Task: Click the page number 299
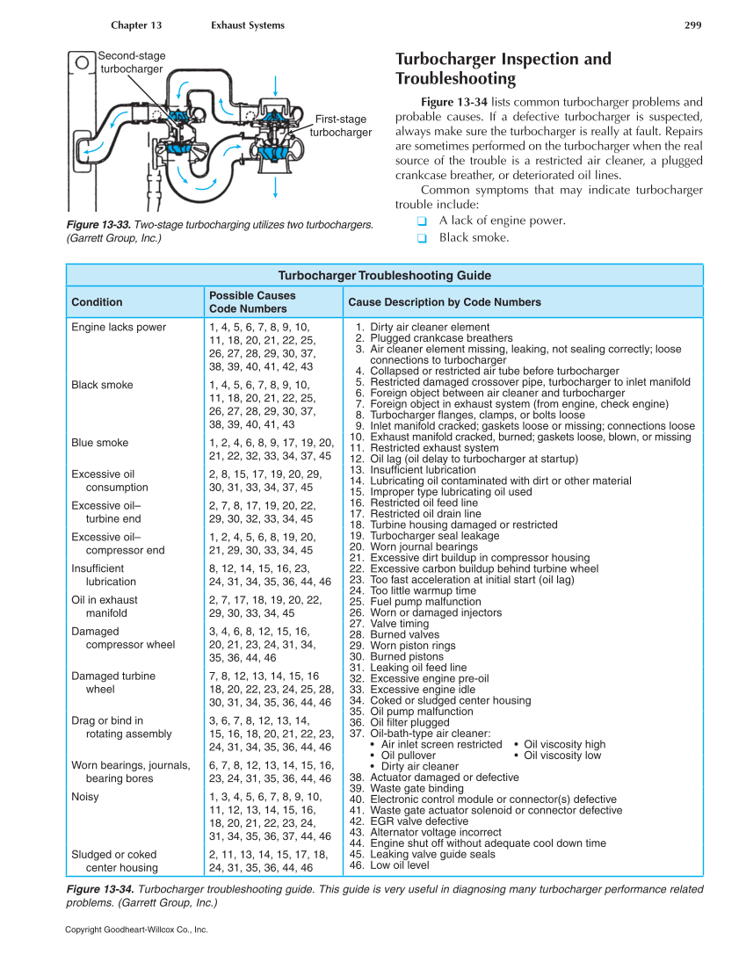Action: point(692,25)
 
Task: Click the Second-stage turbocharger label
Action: point(131,62)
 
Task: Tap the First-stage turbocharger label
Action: point(341,126)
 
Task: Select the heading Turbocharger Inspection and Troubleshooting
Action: point(503,69)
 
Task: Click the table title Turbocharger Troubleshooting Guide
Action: point(384,275)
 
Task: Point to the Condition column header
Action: point(97,302)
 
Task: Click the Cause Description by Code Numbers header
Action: point(445,302)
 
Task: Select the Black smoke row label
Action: point(102,385)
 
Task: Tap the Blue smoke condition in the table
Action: point(99,443)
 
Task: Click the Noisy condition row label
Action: point(85,797)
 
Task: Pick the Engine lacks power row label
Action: point(119,328)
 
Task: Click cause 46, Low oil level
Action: point(400,865)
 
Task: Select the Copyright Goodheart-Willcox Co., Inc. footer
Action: point(136,930)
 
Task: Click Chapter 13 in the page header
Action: point(136,25)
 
